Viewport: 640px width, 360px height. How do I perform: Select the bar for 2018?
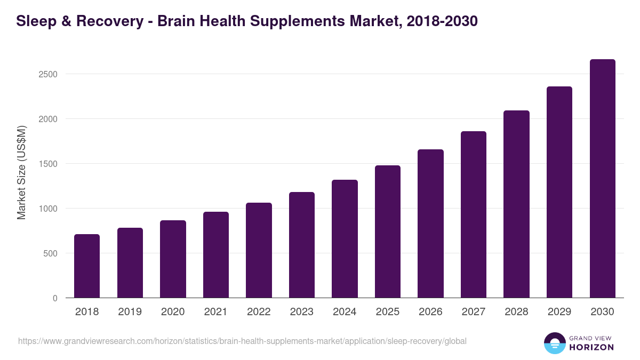click(87, 266)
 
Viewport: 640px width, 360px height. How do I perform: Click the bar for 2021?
click(216, 255)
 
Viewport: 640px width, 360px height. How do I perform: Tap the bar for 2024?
click(345, 239)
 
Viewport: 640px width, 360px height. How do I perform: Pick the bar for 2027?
click(474, 214)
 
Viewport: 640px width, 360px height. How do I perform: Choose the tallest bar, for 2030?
click(602, 179)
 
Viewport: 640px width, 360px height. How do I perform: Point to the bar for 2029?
click(559, 192)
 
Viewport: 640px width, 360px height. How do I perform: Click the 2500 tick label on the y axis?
click(47, 74)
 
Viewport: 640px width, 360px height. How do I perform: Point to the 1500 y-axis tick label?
click(47, 164)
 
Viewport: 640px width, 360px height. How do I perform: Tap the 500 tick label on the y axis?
click(50, 253)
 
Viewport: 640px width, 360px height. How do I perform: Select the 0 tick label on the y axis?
click(55, 298)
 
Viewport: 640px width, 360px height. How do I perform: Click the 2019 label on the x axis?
click(130, 312)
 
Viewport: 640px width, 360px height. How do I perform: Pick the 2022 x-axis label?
click(259, 312)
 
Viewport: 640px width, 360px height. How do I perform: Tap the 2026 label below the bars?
click(430, 312)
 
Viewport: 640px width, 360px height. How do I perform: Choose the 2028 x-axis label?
click(516, 312)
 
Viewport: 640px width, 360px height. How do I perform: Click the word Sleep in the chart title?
click(34, 21)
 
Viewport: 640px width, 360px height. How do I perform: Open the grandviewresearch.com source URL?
click(242, 341)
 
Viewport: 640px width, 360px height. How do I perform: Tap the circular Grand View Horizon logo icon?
click(554, 343)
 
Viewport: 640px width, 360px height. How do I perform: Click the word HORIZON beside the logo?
click(591, 347)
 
